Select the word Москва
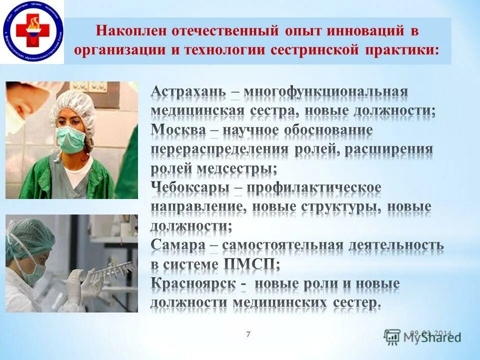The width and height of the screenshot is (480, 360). pos(178,130)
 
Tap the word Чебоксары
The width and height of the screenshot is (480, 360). pos(190,187)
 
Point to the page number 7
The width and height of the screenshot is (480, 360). pos(248,334)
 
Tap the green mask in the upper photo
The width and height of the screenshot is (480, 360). pos(70,139)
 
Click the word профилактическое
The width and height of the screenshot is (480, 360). pos(313,187)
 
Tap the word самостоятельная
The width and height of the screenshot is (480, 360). pos(282,245)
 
